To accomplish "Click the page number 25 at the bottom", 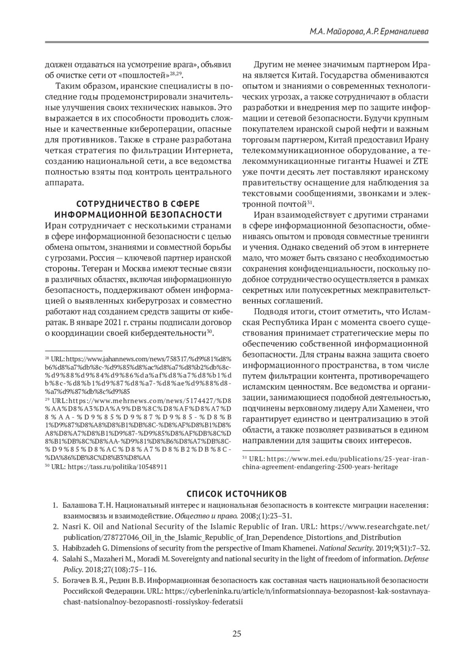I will point(237,634).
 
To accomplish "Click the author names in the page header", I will point(369,32).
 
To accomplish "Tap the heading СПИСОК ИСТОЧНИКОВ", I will point(237,494).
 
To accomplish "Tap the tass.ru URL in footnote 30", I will point(117,467).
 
